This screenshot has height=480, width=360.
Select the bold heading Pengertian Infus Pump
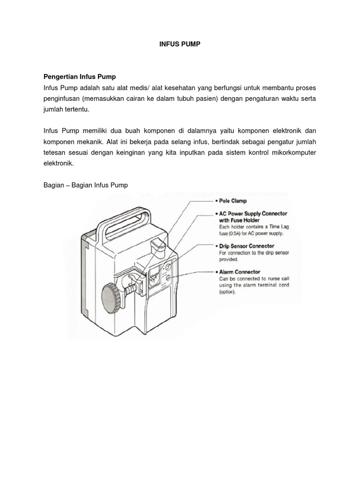(x=80, y=76)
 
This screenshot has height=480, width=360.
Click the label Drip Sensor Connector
(x=247, y=246)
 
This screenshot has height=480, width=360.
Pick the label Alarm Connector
(x=240, y=272)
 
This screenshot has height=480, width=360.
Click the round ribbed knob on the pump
(x=112, y=296)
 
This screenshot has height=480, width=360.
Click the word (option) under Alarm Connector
(x=227, y=292)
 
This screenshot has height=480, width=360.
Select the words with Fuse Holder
(x=239, y=220)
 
